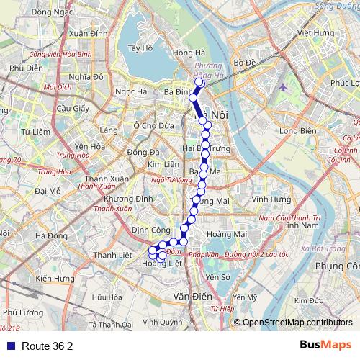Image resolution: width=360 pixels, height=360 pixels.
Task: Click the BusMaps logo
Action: coord(325,345)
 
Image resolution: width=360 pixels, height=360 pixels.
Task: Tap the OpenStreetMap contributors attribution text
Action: coord(297,322)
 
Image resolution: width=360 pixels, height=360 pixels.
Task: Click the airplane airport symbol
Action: coord(283,87)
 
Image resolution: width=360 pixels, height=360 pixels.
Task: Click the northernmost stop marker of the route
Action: coord(199,83)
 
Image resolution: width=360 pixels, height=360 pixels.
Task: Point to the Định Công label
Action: coord(145,229)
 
